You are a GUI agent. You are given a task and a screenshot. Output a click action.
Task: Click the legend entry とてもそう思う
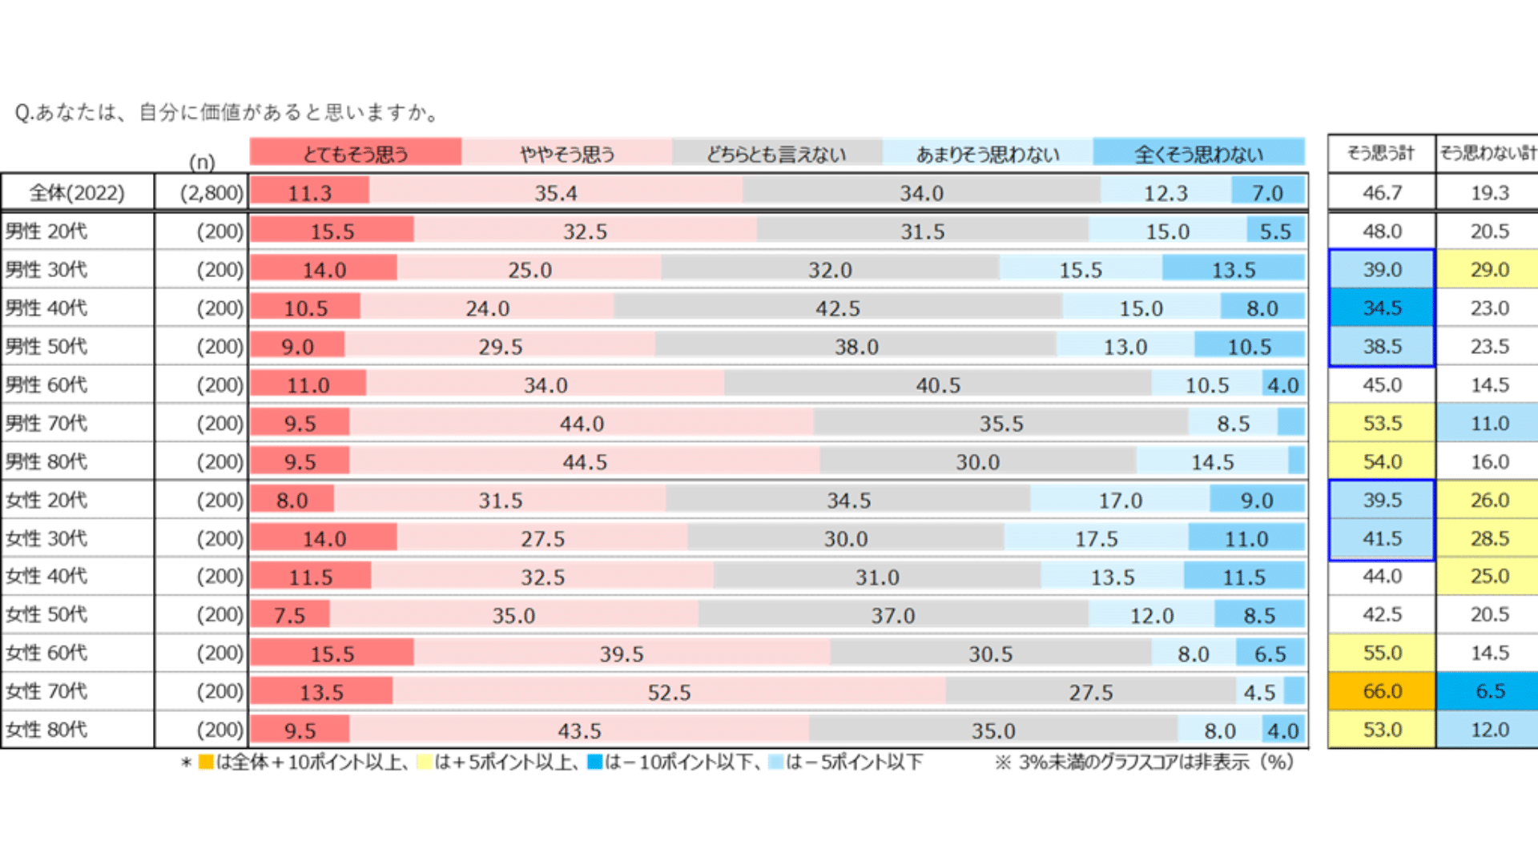pos(355,152)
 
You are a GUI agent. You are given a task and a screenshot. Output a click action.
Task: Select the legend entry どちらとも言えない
pos(776,152)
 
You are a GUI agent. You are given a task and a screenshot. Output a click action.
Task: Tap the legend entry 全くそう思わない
pos(1198,152)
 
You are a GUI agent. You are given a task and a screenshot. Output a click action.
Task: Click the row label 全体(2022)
pos(77,193)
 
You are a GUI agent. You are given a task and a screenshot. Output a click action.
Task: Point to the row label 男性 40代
pos(46,308)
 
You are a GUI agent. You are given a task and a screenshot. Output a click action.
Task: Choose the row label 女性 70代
pos(46,691)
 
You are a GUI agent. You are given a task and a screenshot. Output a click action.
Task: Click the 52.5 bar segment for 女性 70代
pos(669,691)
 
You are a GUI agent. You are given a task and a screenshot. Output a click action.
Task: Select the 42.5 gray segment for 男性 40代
pos(838,308)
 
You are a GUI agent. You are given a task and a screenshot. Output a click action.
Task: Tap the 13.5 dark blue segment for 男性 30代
pos(1234,270)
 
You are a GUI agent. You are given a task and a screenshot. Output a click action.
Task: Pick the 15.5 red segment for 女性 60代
pos(332,653)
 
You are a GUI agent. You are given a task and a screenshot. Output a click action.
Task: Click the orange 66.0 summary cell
pos(1382,691)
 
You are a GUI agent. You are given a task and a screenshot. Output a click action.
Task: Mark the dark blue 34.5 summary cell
pos(1382,308)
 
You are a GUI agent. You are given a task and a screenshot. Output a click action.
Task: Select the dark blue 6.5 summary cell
pos(1489,691)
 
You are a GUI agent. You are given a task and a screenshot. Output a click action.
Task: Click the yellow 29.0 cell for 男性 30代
pos(1489,270)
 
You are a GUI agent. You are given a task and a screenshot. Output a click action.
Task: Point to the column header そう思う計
pos(1381,152)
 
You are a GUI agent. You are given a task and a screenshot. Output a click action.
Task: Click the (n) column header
pos(202,162)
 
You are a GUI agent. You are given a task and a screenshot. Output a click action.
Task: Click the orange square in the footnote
pos(206,762)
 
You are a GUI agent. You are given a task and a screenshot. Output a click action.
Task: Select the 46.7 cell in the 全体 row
pos(1382,193)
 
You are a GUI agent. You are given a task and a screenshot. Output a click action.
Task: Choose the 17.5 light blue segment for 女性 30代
pos(1096,538)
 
